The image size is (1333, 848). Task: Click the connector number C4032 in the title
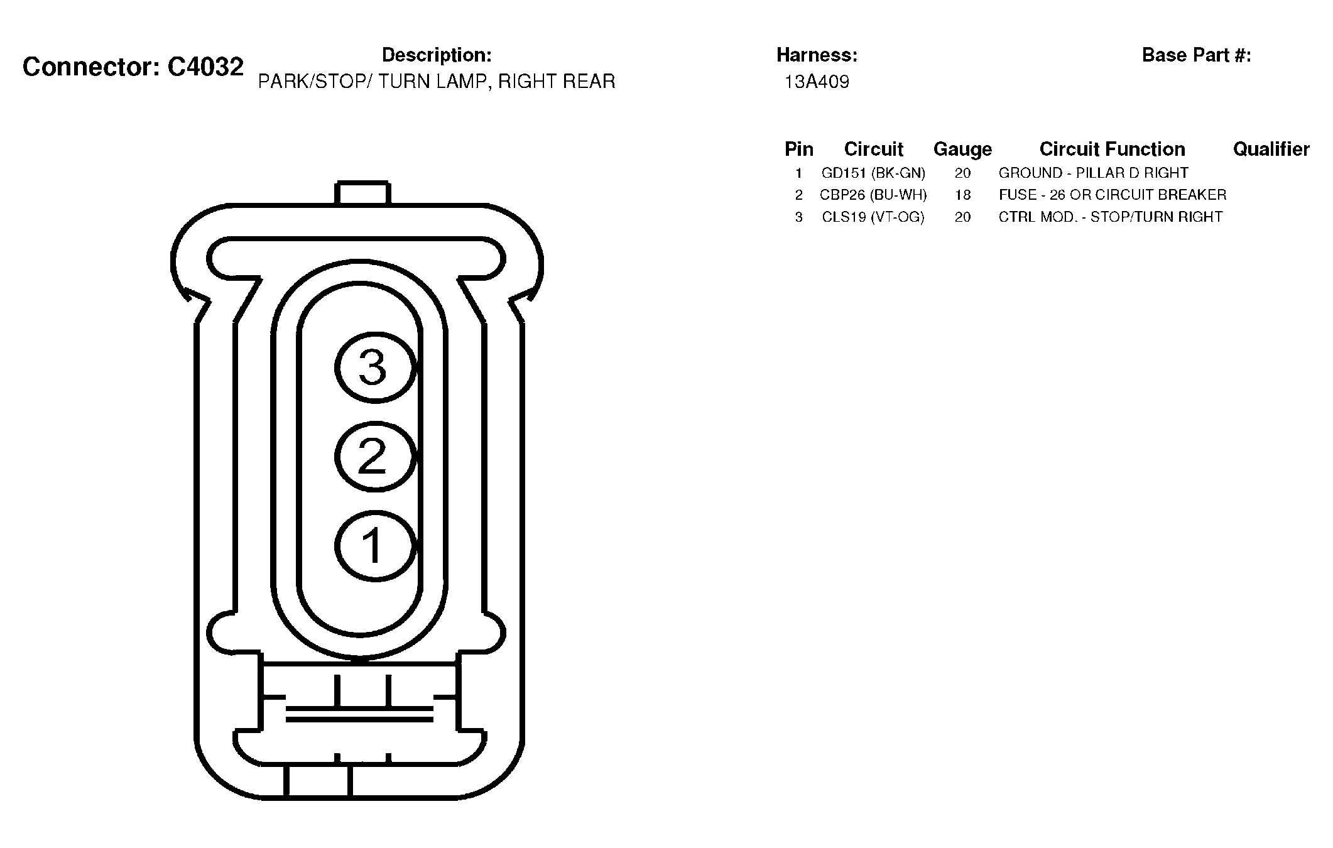coord(205,67)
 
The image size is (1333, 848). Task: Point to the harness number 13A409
coord(817,82)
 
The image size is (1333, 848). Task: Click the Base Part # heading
coord(1197,55)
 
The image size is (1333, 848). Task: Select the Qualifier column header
coord(1271,149)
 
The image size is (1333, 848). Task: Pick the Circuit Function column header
coord(1112,149)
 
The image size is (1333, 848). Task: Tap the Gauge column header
coord(962,149)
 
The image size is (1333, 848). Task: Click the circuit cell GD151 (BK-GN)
coord(873,173)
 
